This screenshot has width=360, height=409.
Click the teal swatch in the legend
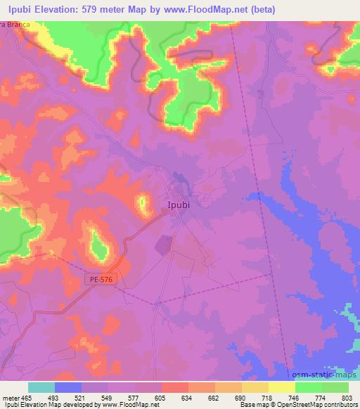click(x=41, y=387)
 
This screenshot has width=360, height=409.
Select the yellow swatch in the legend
click(x=281, y=387)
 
